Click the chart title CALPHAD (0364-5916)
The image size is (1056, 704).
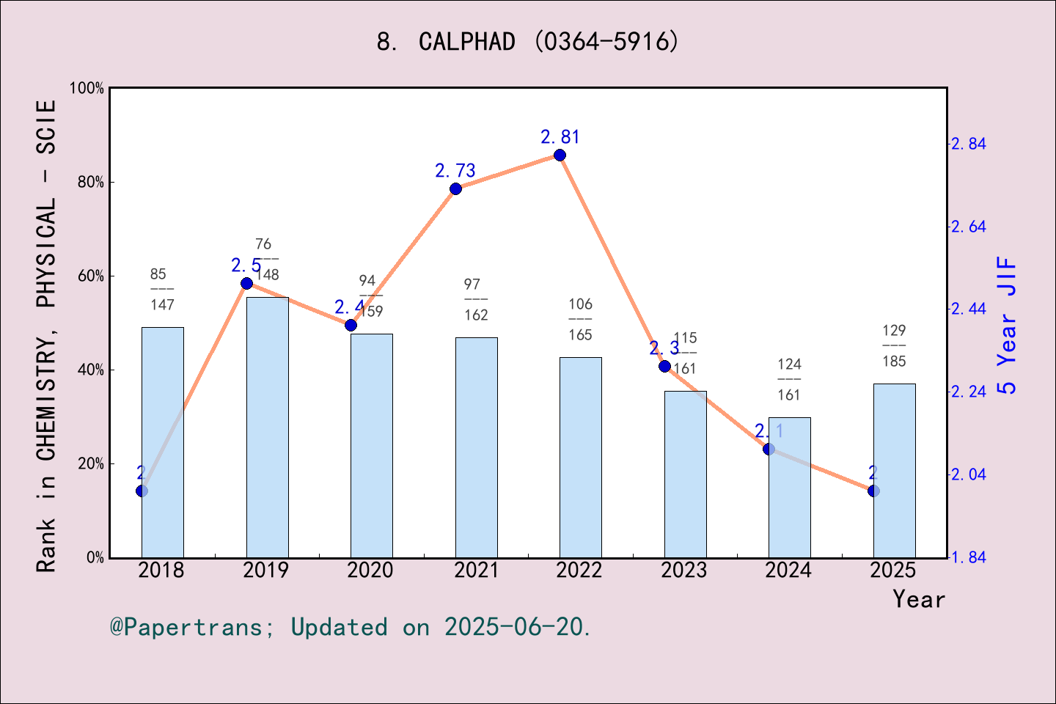[x=528, y=42]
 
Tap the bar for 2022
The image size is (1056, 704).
[x=580, y=458]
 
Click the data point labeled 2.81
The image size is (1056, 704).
[x=560, y=155]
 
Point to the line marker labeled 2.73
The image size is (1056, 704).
[x=455, y=188]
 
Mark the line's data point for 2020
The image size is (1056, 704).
[x=351, y=325]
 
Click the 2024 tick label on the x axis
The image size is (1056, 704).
[x=788, y=571]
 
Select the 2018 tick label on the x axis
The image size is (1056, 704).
[x=161, y=571]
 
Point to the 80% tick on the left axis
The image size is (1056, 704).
[x=91, y=182]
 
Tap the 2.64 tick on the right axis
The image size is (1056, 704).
[x=968, y=227]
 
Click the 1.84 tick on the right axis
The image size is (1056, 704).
[x=968, y=557]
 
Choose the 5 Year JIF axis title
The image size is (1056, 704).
[x=1008, y=325]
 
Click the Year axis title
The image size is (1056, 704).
[x=918, y=599]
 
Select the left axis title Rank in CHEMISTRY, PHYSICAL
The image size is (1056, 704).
[x=46, y=336]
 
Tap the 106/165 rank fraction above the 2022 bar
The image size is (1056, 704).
[x=580, y=319]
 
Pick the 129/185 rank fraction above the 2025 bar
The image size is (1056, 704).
[x=894, y=345]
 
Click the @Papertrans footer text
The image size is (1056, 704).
[x=351, y=627]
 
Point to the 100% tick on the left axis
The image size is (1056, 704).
[x=87, y=88]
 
